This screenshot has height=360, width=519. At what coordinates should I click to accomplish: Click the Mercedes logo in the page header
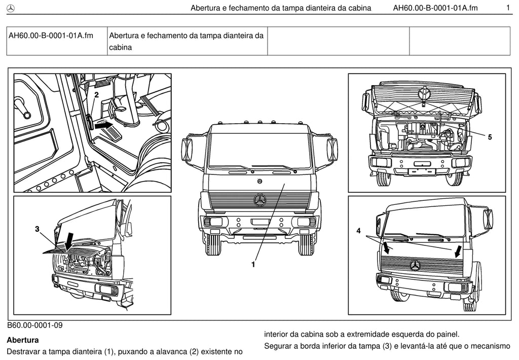tap(11, 9)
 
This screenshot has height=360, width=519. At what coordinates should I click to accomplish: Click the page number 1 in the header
tap(508, 8)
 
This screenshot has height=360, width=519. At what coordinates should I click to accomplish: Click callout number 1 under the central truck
tap(253, 264)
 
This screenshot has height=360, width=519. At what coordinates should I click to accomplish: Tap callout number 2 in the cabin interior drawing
tap(96, 95)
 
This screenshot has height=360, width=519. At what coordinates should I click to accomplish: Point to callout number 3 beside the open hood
tap(37, 229)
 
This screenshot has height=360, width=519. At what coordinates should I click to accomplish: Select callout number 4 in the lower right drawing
tap(358, 231)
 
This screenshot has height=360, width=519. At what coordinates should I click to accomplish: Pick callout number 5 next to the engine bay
tap(490, 137)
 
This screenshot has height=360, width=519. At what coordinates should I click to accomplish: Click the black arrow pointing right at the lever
tap(103, 125)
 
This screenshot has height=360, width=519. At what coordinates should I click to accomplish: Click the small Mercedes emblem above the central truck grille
tap(260, 181)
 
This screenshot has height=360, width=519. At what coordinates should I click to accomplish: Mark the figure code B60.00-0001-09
tap(35, 325)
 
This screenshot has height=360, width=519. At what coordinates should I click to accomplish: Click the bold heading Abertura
tap(22, 340)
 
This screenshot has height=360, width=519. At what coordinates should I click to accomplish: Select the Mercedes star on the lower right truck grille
tap(415, 265)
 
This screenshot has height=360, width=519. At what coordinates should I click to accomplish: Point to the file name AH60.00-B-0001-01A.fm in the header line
tap(435, 8)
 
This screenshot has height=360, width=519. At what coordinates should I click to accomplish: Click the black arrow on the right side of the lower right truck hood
tap(458, 251)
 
